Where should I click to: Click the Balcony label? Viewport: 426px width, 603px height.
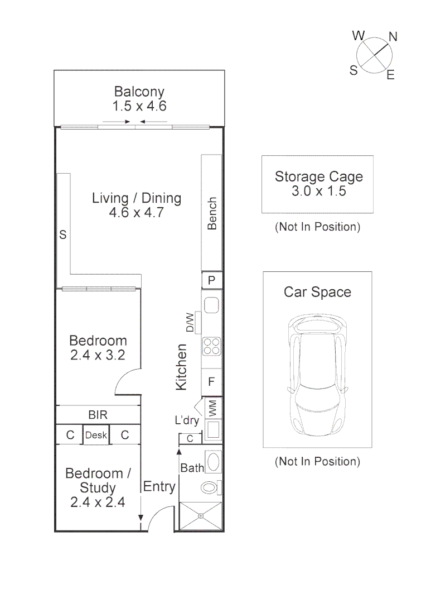[139, 92]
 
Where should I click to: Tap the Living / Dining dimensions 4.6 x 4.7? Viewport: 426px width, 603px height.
[137, 213]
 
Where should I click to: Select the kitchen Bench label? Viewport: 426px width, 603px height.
[212, 213]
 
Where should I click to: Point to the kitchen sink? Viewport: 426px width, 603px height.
[212, 305]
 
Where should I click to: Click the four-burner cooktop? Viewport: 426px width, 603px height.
[212, 346]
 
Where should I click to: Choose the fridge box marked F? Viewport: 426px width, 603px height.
[212, 382]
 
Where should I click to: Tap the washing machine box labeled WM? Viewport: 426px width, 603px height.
[212, 408]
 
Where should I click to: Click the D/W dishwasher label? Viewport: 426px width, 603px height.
[190, 322]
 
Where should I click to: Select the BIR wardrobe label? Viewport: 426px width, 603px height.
[98, 415]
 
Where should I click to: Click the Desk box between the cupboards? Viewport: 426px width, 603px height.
[96, 435]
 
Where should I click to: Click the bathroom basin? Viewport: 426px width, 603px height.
[212, 462]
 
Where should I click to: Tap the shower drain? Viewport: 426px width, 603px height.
[201, 516]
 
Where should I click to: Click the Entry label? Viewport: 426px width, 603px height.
[159, 487]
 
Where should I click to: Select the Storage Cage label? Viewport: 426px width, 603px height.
[318, 177]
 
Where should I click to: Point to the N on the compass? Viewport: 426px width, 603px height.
[393, 37]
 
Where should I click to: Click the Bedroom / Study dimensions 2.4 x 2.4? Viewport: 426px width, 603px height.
[98, 502]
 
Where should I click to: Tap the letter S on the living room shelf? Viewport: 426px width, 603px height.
[63, 236]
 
